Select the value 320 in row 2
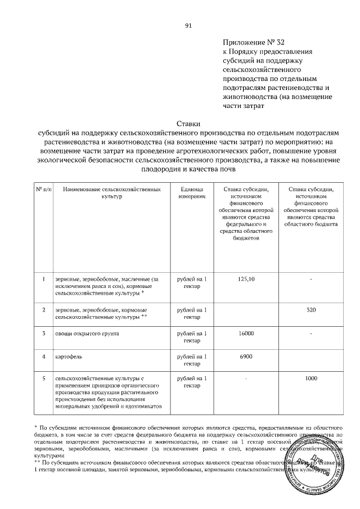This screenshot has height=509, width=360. click(312, 310)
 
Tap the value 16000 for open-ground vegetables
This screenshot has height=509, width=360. click(246, 334)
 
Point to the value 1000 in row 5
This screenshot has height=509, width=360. click(312, 379)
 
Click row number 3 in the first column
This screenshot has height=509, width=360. click(44, 334)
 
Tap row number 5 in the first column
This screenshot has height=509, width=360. click(44, 379)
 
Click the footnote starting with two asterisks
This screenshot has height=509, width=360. click(169, 466)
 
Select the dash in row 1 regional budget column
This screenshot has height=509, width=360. click(312, 280)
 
